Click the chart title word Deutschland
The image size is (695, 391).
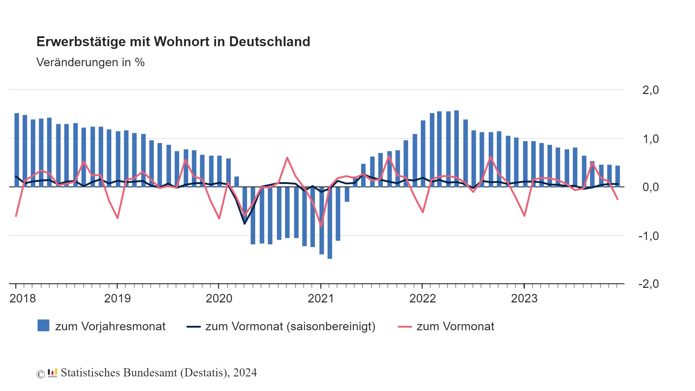[269, 42]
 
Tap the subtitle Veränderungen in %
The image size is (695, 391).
[90, 62]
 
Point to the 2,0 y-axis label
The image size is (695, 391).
[650, 90]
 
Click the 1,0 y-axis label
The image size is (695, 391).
[650, 139]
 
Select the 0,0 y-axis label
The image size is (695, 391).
[650, 187]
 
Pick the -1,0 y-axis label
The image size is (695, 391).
[649, 236]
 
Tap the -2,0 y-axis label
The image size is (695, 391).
[649, 284]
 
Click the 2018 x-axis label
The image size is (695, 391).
[22, 299]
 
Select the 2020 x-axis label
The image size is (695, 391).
[219, 299]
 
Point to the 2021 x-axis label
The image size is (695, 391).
[321, 299]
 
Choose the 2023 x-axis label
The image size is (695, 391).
[524, 299]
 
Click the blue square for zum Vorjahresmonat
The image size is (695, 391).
[43, 325]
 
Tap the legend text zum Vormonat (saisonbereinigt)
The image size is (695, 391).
[290, 327]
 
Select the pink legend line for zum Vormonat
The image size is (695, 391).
[405, 327]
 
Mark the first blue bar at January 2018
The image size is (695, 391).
[17, 149]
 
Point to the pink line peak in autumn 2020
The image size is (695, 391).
[287, 158]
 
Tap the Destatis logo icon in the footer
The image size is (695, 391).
[52, 373]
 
